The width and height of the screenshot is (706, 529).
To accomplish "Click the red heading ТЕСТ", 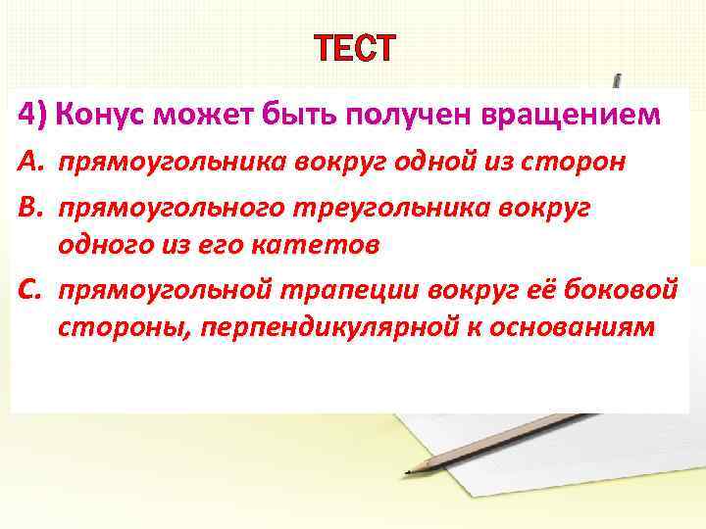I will click(354, 46).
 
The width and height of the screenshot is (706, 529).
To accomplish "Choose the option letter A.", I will click(28, 163).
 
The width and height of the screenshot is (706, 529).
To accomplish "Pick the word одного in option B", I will click(102, 246).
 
